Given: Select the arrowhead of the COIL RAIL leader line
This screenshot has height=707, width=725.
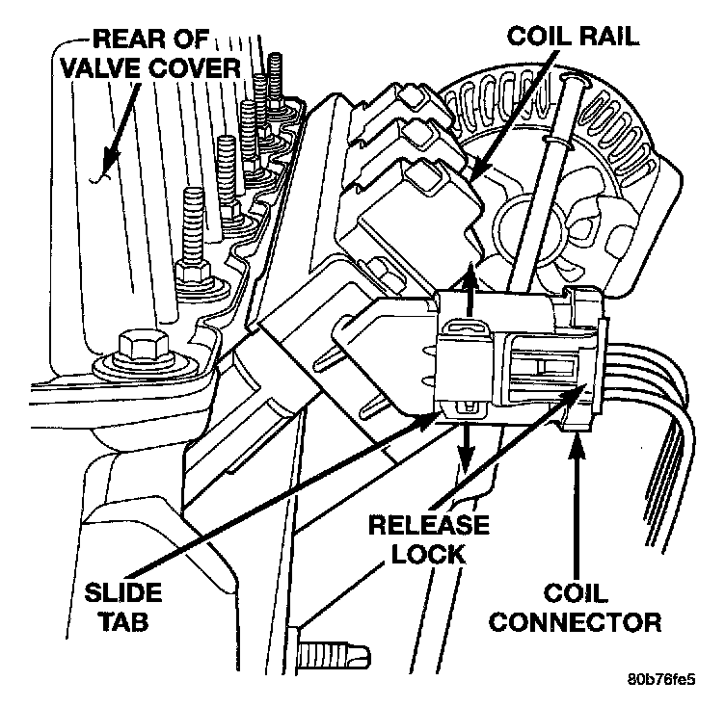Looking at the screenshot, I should click(x=481, y=160).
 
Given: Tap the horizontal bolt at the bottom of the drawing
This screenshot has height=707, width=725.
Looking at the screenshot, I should click(x=334, y=656).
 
